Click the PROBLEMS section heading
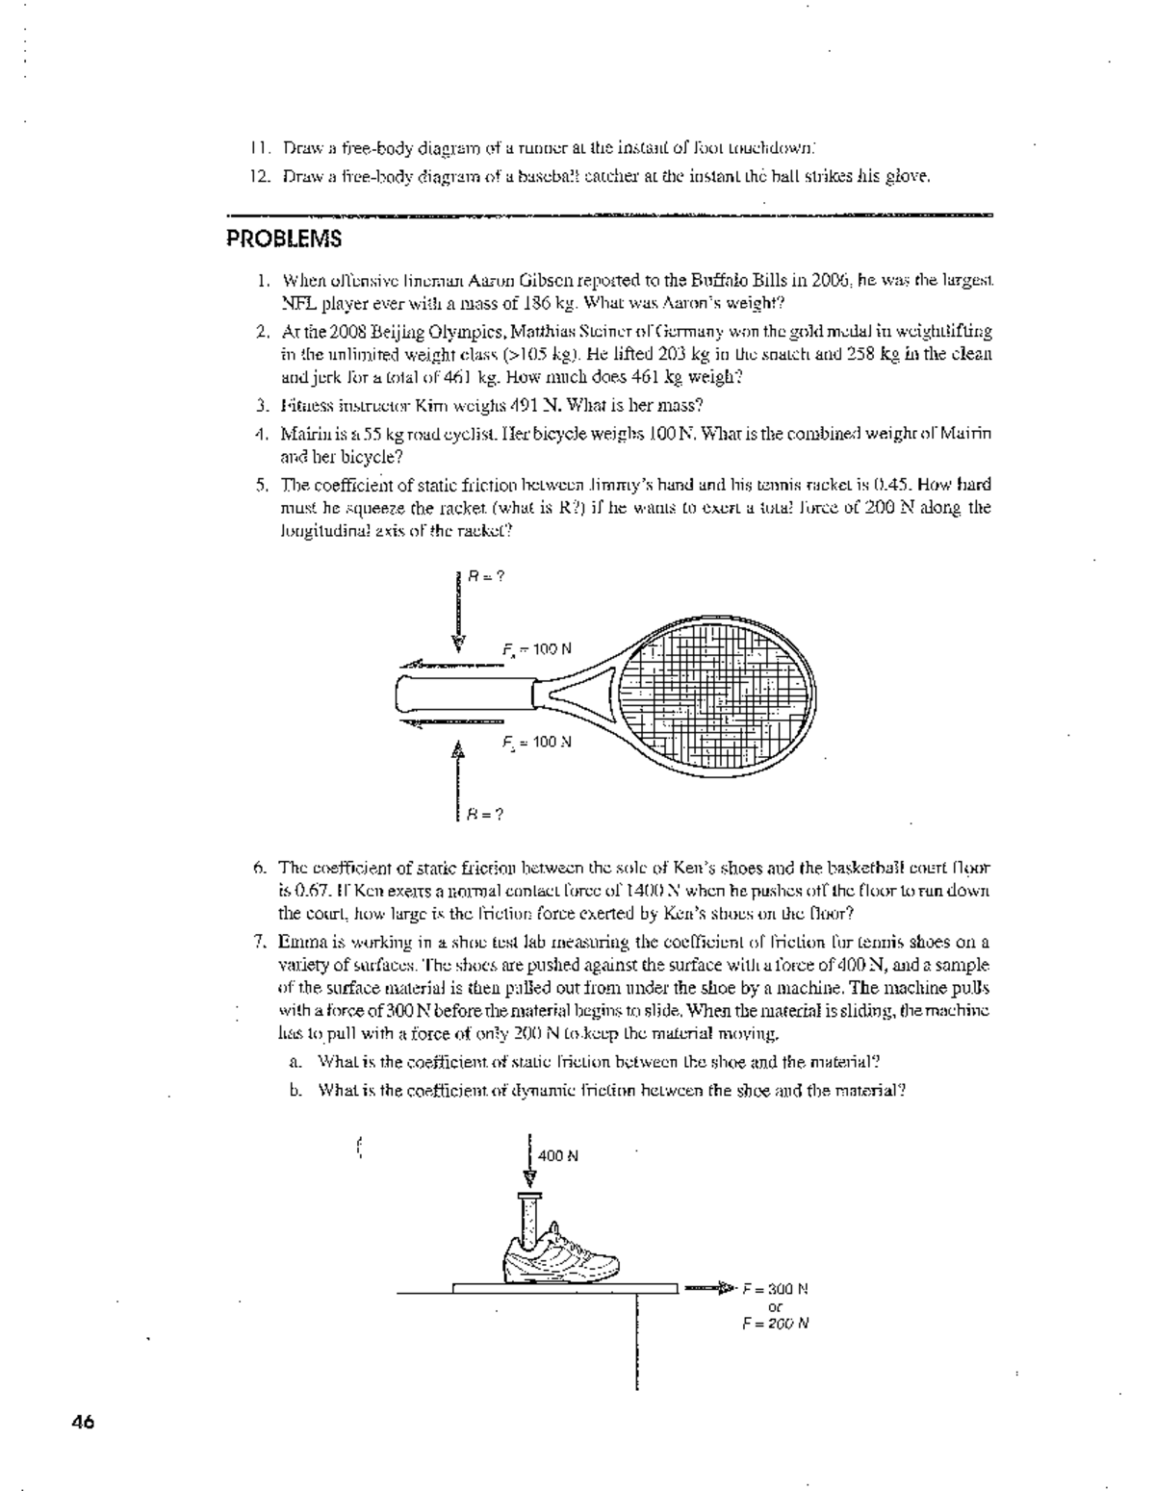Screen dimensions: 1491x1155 coord(284,240)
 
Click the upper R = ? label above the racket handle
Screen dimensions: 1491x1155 coord(487,577)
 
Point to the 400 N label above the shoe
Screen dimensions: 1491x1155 coord(558,1155)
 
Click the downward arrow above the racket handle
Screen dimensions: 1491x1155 coord(458,616)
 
